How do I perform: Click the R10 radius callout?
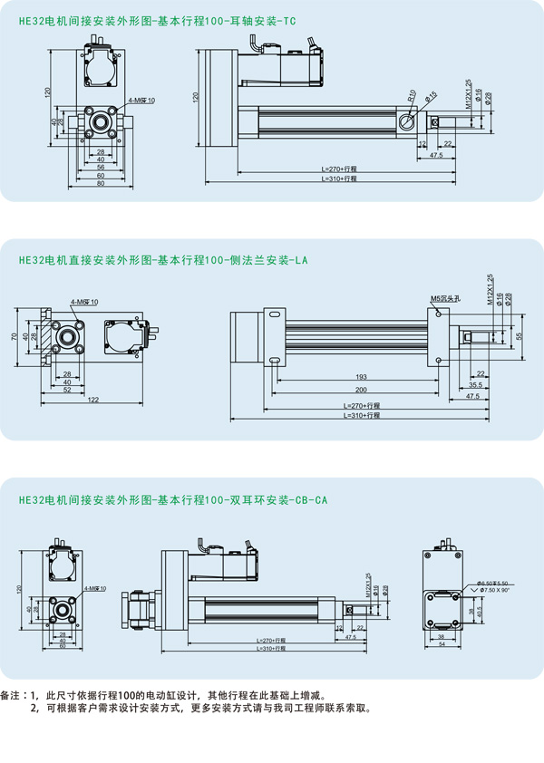coord(412,93)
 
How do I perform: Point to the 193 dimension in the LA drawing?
coord(361,376)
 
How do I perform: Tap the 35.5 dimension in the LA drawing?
coord(475,386)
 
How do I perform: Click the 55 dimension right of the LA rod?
coord(519,336)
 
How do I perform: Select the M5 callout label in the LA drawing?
coord(446,297)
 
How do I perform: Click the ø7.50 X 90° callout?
coord(495,589)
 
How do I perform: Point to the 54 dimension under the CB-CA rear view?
coord(442,645)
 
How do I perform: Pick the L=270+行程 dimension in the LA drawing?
coord(362,406)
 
